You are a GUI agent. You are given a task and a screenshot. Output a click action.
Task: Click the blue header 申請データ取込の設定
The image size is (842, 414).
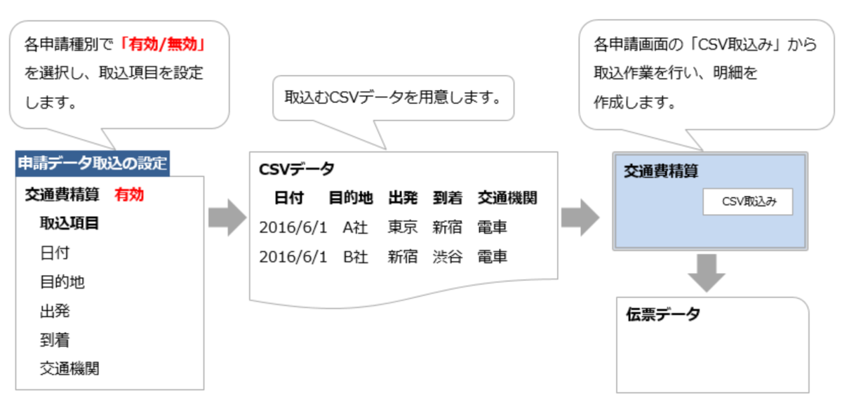[92, 163]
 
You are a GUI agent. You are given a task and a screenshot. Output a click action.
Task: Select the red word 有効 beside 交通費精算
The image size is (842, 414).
[129, 194]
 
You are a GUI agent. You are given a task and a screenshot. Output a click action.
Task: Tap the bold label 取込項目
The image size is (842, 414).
[69, 224]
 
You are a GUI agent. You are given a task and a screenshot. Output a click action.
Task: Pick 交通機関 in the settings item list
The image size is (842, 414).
[69, 368]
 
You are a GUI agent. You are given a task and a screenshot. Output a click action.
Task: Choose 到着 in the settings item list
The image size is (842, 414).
[55, 340]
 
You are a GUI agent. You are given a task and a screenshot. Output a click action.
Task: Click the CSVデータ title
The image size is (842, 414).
[297, 169]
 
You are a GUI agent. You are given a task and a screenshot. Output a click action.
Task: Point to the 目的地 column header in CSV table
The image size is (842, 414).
[351, 199]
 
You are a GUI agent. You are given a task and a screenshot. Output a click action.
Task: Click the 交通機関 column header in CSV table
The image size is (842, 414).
[507, 199]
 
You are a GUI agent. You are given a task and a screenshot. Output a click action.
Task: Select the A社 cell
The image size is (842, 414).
[356, 227]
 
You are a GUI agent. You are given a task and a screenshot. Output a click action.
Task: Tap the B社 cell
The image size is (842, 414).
[356, 257]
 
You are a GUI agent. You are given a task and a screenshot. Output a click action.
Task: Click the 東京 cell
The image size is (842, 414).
[403, 227]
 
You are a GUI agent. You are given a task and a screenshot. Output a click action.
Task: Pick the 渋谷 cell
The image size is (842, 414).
[448, 257]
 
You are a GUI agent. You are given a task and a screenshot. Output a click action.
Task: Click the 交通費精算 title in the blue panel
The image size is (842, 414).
[661, 171]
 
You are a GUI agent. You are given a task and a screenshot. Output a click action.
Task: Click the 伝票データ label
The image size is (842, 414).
[663, 314]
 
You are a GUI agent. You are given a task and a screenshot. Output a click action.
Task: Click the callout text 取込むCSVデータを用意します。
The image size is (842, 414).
[393, 97]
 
